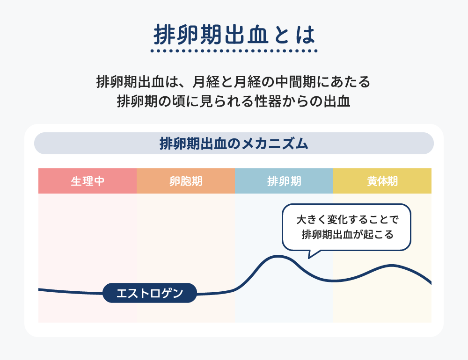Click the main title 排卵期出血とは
(x=234, y=35)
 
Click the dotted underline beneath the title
(x=234, y=51)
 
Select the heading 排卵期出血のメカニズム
(x=234, y=144)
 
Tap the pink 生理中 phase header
(x=88, y=181)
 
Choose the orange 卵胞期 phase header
(x=186, y=181)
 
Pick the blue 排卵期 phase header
(x=284, y=181)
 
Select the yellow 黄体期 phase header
(x=382, y=181)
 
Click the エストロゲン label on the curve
(x=150, y=293)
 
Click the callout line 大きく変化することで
(x=347, y=220)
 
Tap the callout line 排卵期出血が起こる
(x=347, y=234)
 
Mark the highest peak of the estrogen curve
(x=278, y=256)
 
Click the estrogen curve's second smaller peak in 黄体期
(x=391, y=265)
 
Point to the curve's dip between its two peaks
(x=334, y=281)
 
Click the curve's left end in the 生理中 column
(x=39, y=289)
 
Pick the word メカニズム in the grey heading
(x=275, y=144)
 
